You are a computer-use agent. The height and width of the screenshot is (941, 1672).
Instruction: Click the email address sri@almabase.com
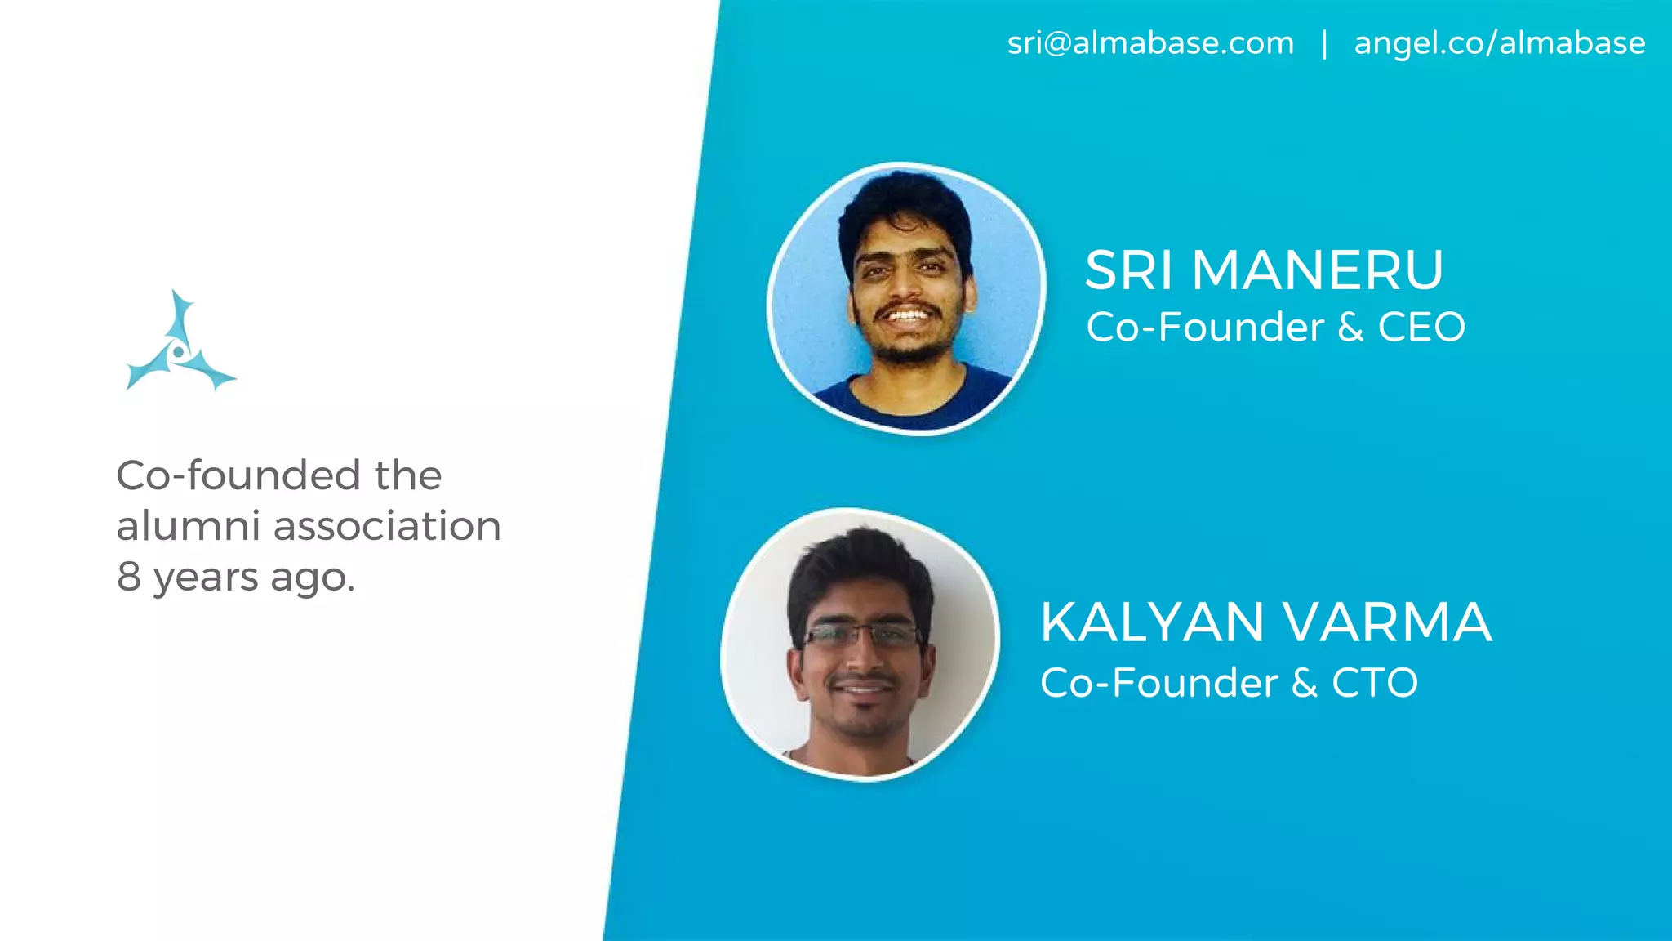pos(1150,43)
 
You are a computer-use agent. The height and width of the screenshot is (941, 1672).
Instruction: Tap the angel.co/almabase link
pos(1500,43)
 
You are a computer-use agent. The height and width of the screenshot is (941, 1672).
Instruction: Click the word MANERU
pos(1318,270)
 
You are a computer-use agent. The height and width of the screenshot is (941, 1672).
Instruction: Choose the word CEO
pos(1421,328)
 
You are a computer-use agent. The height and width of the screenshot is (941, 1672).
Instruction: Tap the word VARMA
pos(1388,622)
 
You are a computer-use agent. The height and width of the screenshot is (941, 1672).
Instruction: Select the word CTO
pos(1375,683)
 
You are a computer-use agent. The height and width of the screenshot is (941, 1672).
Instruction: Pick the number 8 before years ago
pos(129,577)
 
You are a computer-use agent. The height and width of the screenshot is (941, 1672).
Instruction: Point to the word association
pos(387,526)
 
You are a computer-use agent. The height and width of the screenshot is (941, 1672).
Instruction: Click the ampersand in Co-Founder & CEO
pos(1350,328)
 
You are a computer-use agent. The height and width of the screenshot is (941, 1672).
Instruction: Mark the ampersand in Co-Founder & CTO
pos(1305,683)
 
